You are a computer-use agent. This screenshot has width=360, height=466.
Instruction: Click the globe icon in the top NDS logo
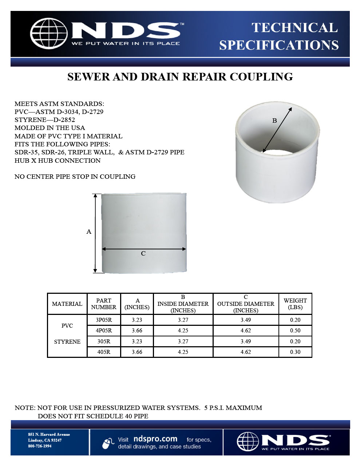[48, 33]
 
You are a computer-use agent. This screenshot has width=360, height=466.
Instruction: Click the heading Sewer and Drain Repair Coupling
[180, 77]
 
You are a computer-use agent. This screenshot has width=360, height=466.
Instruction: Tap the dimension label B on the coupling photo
[274, 121]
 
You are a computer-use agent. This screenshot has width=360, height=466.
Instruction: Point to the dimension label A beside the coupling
[89, 232]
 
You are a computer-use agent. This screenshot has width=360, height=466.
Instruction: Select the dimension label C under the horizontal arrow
[143, 253]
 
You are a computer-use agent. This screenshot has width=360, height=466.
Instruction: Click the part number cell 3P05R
[104, 320]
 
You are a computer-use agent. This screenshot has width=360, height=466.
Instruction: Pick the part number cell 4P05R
[104, 331]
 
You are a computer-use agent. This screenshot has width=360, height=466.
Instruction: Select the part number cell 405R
[104, 352]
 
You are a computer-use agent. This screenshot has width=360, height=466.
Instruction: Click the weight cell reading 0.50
[295, 331]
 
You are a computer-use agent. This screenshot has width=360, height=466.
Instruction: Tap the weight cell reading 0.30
[295, 352]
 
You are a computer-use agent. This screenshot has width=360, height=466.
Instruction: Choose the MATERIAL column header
[67, 304]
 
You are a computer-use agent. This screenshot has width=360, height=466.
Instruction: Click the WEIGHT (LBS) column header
[295, 304]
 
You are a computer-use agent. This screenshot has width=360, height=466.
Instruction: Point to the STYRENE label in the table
[67, 341]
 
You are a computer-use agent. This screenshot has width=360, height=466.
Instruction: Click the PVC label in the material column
[67, 326]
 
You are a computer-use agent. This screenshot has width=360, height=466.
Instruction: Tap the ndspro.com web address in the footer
[155, 439]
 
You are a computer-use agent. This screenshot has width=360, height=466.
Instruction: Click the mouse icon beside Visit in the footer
[108, 443]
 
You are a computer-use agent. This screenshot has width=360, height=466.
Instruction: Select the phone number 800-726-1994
[40, 446]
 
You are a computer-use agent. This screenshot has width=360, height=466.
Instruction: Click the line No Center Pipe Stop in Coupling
[75, 177]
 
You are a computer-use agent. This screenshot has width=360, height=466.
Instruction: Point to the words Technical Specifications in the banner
[279, 36]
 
